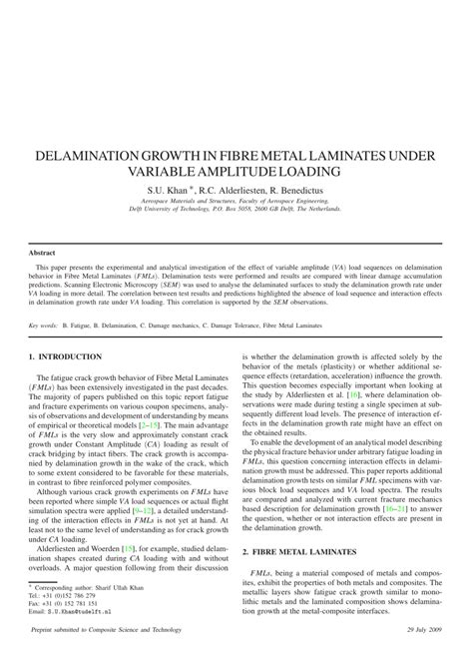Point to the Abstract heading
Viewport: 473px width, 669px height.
[x=43, y=253]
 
